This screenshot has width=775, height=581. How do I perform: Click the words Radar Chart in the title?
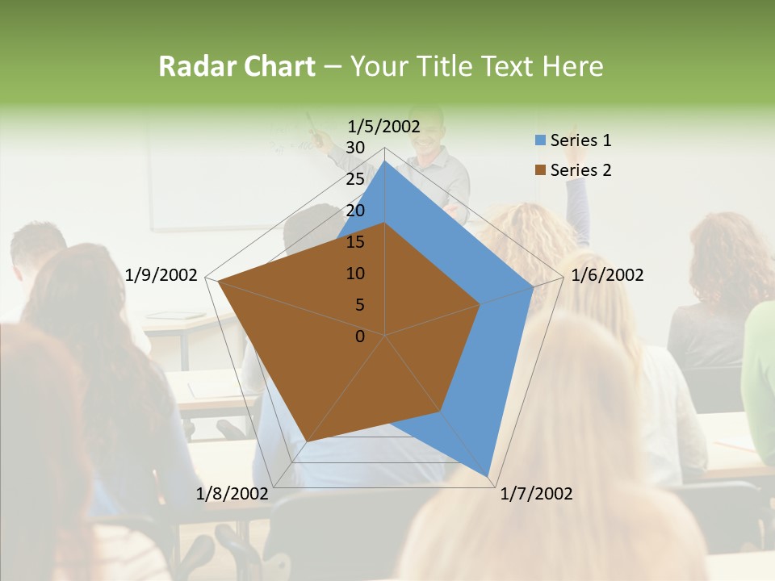(237, 66)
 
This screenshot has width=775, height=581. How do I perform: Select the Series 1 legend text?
(580, 140)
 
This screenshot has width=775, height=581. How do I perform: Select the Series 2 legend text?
(580, 170)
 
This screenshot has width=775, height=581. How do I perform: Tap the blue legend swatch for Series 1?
(540, 140)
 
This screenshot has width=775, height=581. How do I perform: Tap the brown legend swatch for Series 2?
(540, 170)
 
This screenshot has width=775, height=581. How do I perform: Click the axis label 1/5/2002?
(384, 126)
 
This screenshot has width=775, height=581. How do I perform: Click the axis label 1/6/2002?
(607, 275)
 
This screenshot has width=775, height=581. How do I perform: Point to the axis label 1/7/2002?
(536, 494)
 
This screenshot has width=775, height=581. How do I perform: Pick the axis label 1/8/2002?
(232, 494)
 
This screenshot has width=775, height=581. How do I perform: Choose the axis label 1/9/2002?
(161, 275)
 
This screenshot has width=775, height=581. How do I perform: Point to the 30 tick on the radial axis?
(355, 148)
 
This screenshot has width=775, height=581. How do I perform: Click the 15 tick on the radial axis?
(355, 242)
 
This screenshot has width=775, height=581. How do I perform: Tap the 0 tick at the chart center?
(360, 336)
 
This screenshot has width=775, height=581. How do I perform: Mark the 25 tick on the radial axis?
(355, 179)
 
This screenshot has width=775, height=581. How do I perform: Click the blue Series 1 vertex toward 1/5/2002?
(385, 161)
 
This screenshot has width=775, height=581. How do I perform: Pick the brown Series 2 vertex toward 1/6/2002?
(480, 304)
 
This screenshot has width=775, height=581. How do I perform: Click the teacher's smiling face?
(428, 131)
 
